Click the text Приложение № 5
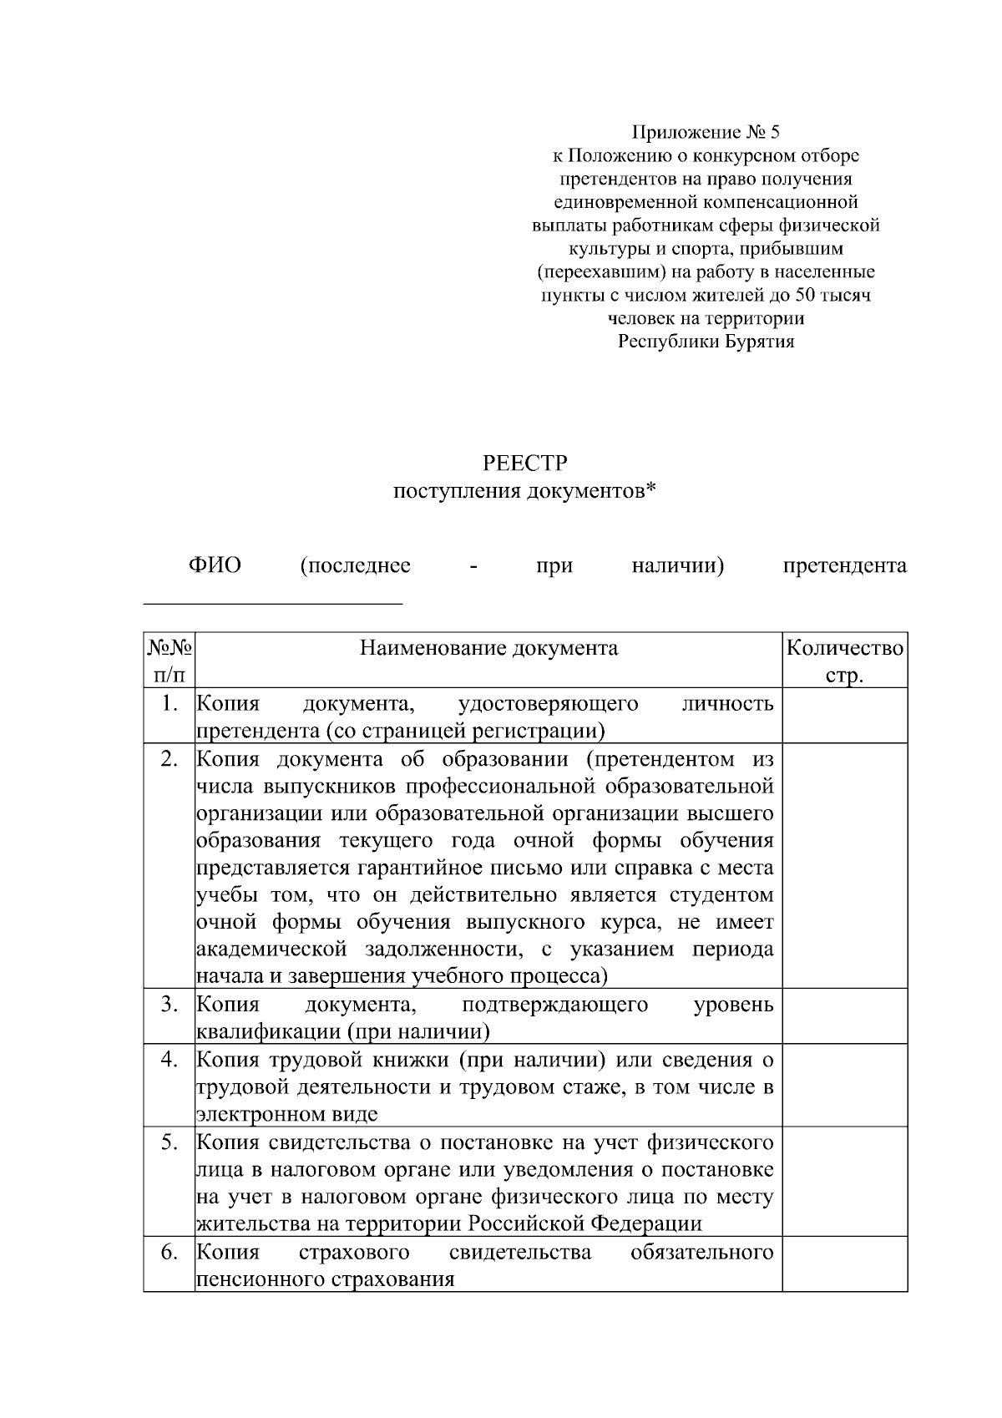point(706,132)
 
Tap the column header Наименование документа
point(488,648)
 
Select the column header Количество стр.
point(844,661)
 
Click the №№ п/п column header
point(170,661)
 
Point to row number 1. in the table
point(170,704)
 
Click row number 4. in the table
point(170,1060)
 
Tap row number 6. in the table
point(170,1253)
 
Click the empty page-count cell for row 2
point(844,865)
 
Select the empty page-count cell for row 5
point(844,1181)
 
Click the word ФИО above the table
point(215,566)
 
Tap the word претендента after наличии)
point(844,566)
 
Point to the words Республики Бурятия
point(706,342)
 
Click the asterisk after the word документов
point(651,490)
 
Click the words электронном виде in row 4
point(286,1115)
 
